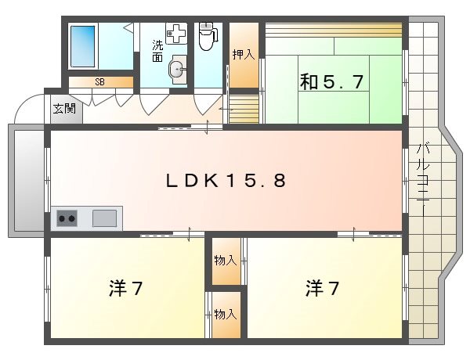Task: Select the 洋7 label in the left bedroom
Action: (125, 288)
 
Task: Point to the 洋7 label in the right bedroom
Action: (322, 288)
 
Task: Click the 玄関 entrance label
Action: (64, 108)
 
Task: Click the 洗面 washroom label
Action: (157, 51)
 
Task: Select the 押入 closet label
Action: (243, 55)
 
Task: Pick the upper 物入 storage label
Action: (226, 259)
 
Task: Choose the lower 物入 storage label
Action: (226, 314)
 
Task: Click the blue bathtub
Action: (83, 47)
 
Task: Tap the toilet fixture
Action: (207, 36)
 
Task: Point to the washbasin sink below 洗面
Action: (178, 70)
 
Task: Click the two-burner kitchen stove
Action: (67, 218)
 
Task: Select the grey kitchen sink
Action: (104, 218)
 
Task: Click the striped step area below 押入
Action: (243, 107)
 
